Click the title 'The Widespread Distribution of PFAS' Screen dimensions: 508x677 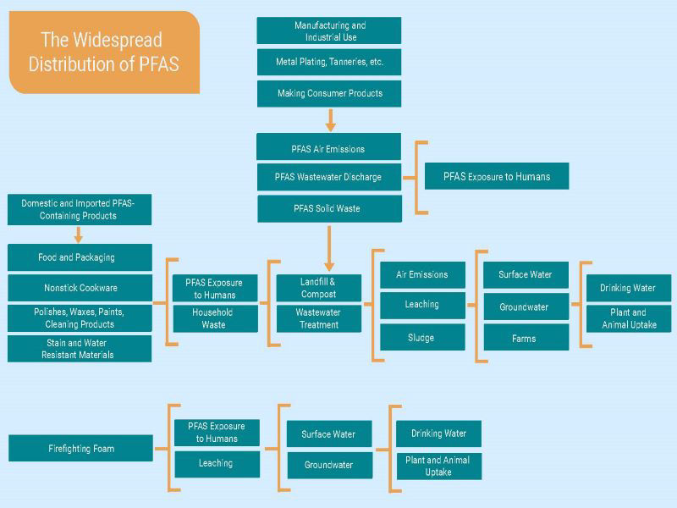point(104,52)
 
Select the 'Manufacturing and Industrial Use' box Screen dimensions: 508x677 point(329,31)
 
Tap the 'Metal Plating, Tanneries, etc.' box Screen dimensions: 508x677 point(329,62)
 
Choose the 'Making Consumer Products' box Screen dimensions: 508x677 point(329,93)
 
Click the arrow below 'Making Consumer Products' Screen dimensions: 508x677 point(330,119)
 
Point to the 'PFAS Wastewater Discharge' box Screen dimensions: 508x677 point(328,177)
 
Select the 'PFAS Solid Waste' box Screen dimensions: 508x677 point(328,208)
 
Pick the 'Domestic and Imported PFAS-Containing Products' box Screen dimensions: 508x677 point(80,210)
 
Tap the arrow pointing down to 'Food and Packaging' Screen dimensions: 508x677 point(79,235)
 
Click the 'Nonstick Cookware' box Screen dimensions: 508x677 point(80,288)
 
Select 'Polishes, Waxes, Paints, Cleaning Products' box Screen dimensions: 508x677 point(80,318)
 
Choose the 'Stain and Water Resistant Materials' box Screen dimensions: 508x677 point(80,349)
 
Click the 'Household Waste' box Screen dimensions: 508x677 point(214,318)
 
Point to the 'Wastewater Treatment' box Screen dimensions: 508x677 point(318,318)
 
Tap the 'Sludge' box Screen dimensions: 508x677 point(421,337)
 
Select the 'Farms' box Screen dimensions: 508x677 point(525,337)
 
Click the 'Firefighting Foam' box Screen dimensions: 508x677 point(80,448)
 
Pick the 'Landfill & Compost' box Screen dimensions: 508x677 point(318,288)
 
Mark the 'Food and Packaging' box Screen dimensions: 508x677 point(80,257)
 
